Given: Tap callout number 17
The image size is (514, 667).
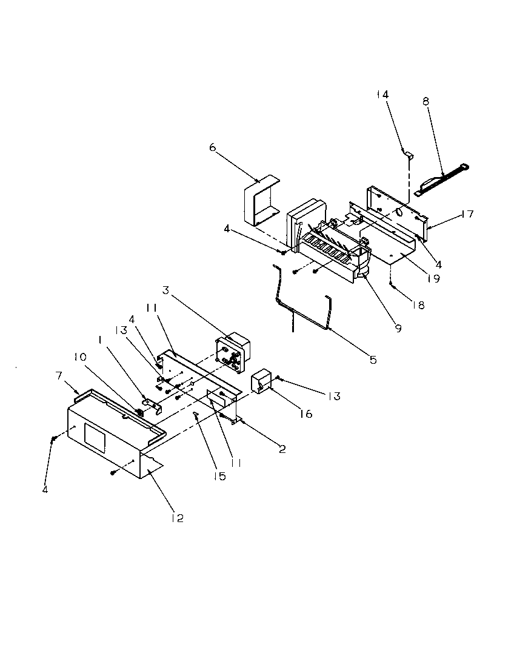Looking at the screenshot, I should coord(467,214).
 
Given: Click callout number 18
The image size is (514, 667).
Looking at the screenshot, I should coord(419,305).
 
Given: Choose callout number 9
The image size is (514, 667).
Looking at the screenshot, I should coord(398,329).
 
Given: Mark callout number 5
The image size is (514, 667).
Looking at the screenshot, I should coord(372,360).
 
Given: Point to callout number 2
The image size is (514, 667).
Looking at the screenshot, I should coord(282,449).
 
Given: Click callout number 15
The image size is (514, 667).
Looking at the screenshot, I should coord(219,477).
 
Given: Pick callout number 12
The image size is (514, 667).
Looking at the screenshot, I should coord(177,518).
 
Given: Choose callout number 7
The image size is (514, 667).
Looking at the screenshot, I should coord(59,376).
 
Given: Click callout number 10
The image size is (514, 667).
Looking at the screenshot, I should coord(81,357).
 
